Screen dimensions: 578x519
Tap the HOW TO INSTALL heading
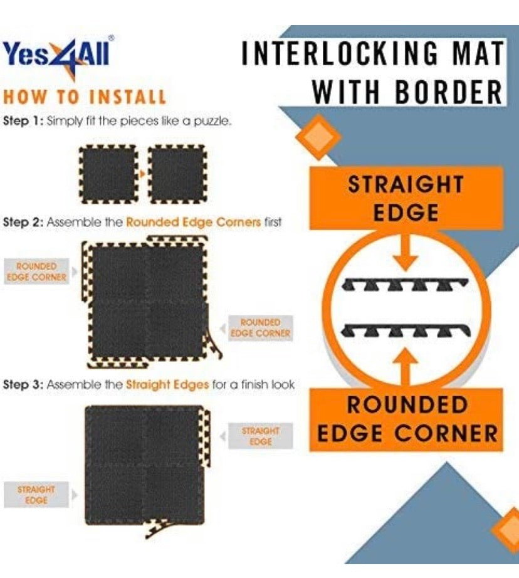pyautogui.click(x=85, y=97)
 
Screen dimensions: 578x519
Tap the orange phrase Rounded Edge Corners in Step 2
pyautogui.click(x=193, y=222)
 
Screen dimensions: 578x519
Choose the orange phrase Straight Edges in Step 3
pyautogui.click(x=167, y=384)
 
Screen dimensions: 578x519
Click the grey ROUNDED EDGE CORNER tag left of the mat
pyautogui.click(x=37, y=271)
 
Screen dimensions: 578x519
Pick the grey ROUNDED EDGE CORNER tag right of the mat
pyautogui.click(x=260, y=327)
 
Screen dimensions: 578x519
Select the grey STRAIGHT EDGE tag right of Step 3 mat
pyautogui.click(x=260, y=436)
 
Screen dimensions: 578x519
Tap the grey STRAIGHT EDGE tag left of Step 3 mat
pyautogui.click(x=36, y=494)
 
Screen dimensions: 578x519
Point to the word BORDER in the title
pyautogui.click(x=449, y=93)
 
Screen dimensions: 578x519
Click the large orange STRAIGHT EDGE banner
pyautogui.click(x=406, y=198)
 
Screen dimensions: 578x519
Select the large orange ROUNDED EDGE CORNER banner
pyautogui.click(x=406, y=419)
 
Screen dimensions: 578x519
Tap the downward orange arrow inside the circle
pyautogui.click(x=406, y=255)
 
